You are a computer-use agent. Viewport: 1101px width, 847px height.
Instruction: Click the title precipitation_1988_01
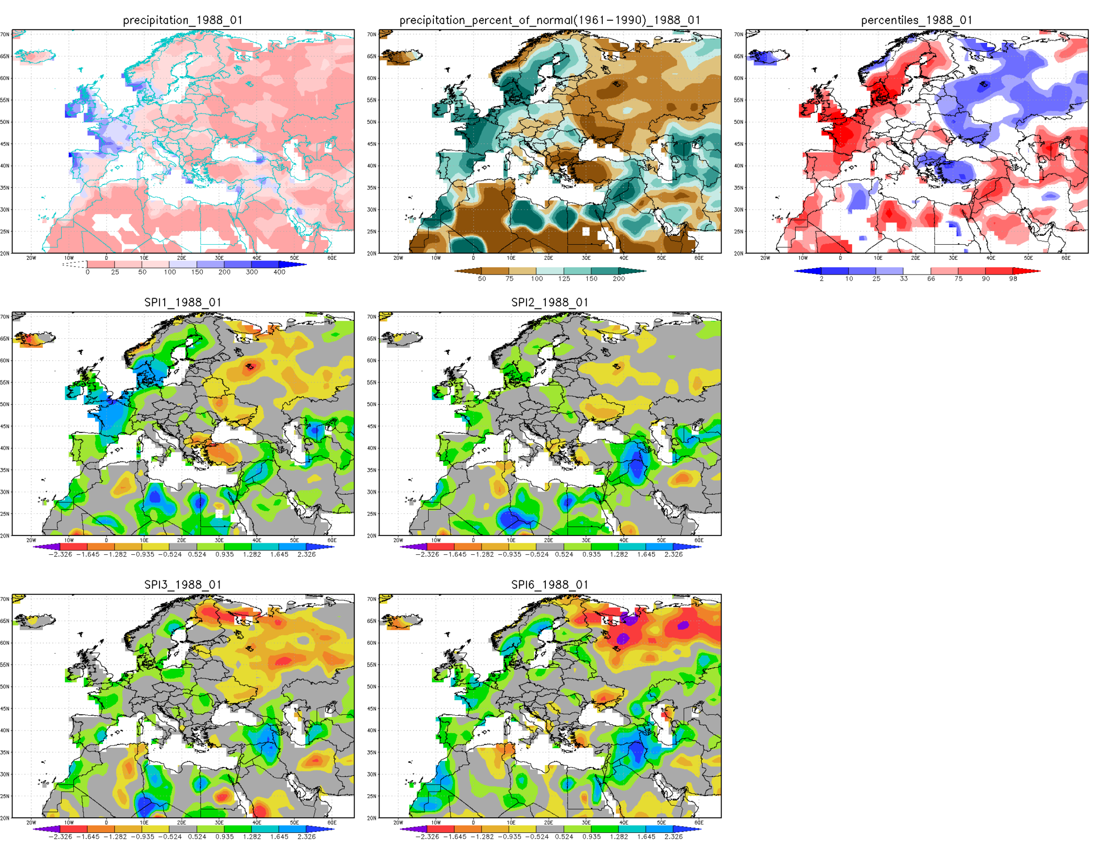182,20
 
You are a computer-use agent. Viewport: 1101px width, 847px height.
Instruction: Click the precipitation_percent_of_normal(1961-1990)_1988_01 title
549,20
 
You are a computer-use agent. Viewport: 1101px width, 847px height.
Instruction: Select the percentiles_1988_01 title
916,20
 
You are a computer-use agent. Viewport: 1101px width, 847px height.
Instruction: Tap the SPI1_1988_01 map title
182,303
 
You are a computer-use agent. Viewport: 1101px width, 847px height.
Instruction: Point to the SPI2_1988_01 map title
549,303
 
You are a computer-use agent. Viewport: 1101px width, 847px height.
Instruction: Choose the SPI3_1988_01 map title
182,585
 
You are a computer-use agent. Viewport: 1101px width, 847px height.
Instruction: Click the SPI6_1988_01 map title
549,585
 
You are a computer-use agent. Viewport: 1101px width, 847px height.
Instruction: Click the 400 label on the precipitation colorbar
279,272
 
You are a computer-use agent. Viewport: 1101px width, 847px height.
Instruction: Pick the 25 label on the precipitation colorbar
115,272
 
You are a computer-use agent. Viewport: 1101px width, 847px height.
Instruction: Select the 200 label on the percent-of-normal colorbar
618,279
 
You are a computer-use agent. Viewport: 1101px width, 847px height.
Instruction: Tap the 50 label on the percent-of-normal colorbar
481,279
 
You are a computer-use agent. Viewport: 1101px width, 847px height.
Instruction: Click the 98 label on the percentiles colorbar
1013,279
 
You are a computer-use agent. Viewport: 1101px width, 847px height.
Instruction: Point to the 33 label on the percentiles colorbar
903,279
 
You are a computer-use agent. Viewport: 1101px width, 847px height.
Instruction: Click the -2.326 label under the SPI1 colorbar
60,555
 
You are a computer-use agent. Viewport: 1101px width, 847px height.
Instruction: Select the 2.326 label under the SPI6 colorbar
673,837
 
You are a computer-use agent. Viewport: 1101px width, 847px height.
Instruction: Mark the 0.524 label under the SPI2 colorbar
564,555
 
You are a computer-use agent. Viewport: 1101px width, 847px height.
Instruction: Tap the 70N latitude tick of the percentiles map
738,35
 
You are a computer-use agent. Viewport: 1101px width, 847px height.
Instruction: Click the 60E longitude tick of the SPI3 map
332,823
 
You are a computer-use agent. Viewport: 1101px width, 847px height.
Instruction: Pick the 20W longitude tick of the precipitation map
31,258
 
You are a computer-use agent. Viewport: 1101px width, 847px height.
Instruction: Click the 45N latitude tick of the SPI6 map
371,709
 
